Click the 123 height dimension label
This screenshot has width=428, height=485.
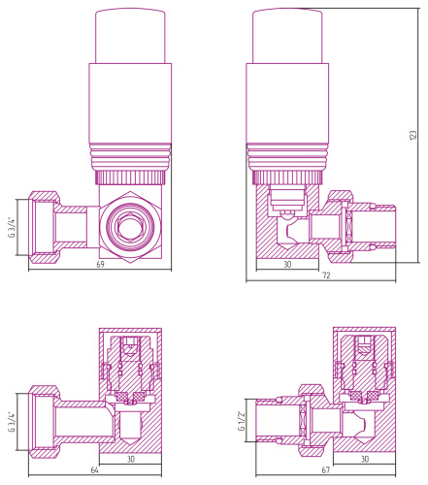(413, 135)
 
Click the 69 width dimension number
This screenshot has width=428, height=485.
(101, 265)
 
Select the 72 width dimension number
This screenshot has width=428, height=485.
(326, 275)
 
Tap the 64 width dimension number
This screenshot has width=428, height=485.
(94, 469)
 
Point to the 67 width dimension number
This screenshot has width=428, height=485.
(325, 469)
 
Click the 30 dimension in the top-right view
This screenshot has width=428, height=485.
(287, 264)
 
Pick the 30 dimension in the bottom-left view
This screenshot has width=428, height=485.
(131, 459)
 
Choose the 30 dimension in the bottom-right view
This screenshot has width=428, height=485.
(365, 459)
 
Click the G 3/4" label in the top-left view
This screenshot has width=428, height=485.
(12, 227)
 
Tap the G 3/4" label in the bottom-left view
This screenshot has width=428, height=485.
(12, 421)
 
